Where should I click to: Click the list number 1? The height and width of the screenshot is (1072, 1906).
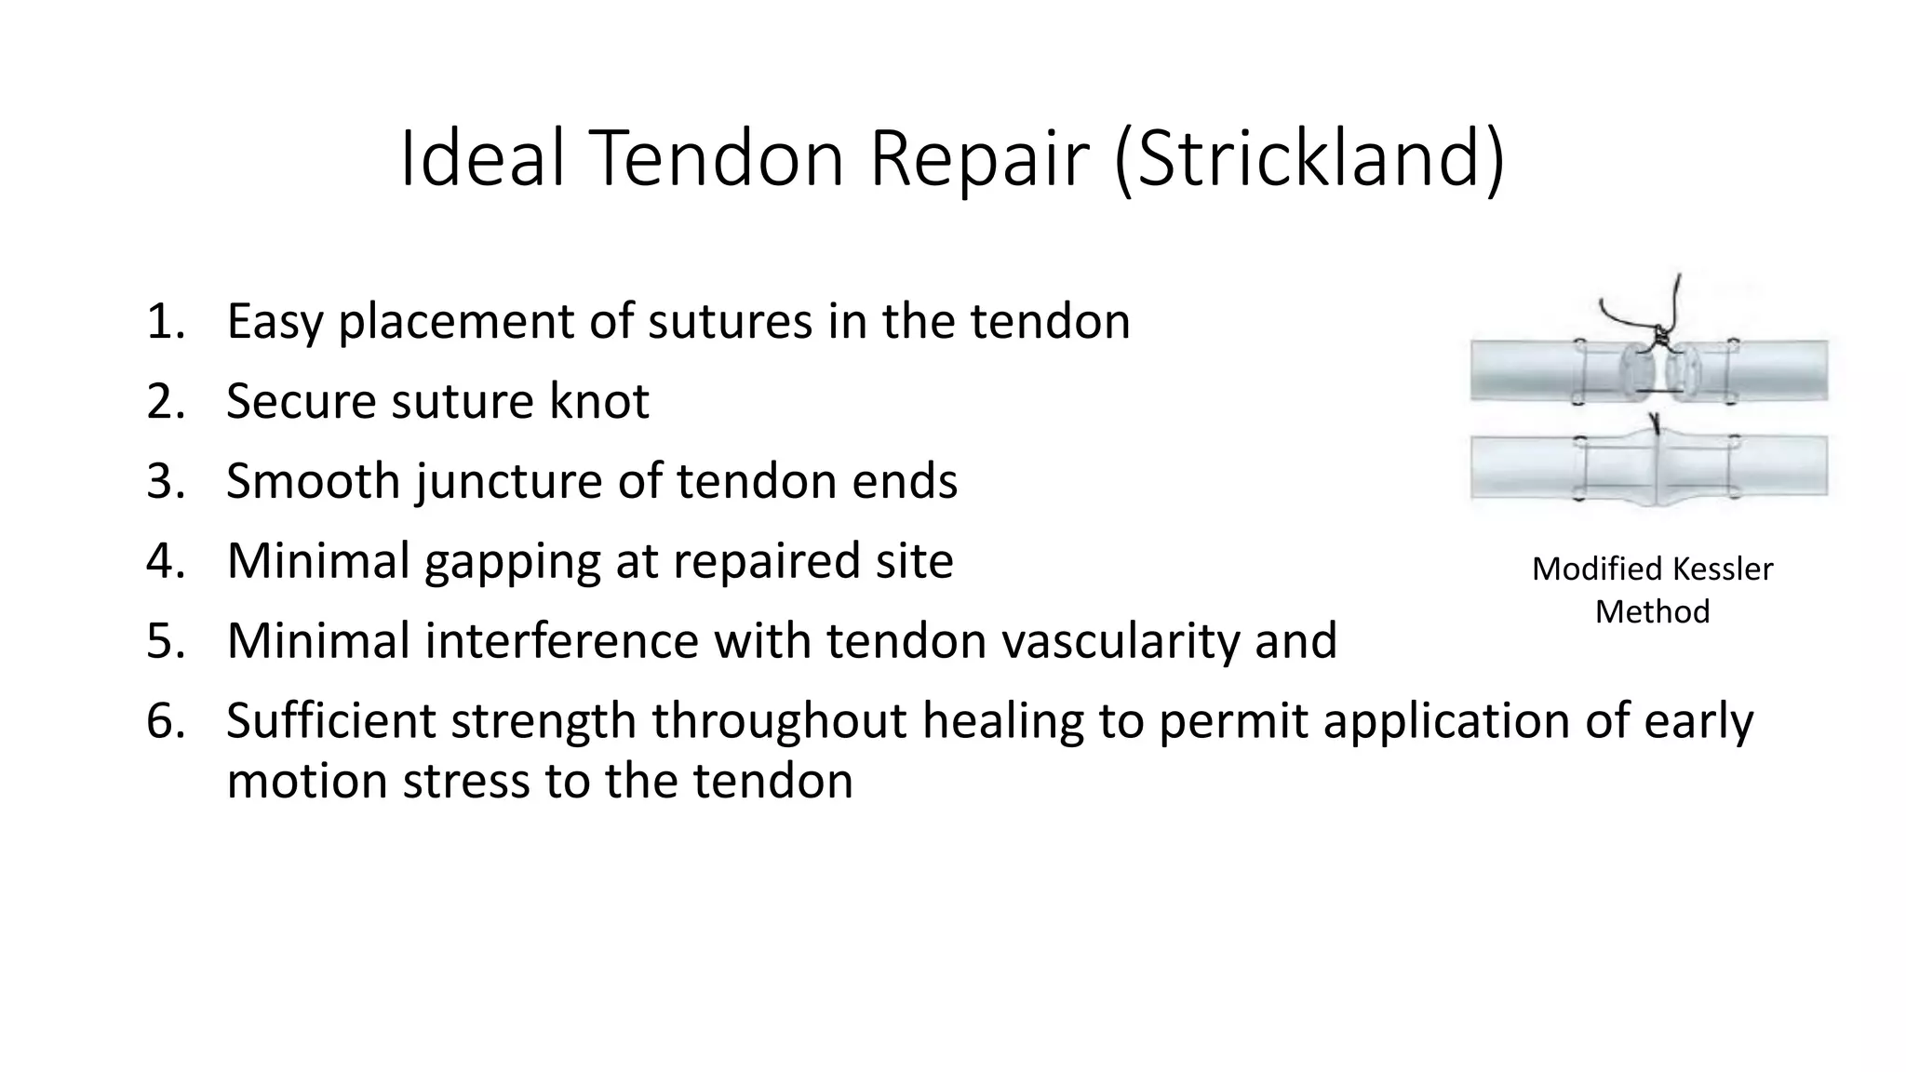point(164,322)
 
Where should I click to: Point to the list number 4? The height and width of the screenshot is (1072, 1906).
point(164,561)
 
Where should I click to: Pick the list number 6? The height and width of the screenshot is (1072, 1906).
point(164,721)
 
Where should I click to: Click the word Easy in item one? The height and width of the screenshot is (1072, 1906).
point(274,322)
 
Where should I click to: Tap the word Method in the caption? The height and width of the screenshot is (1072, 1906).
point(1652,611)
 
